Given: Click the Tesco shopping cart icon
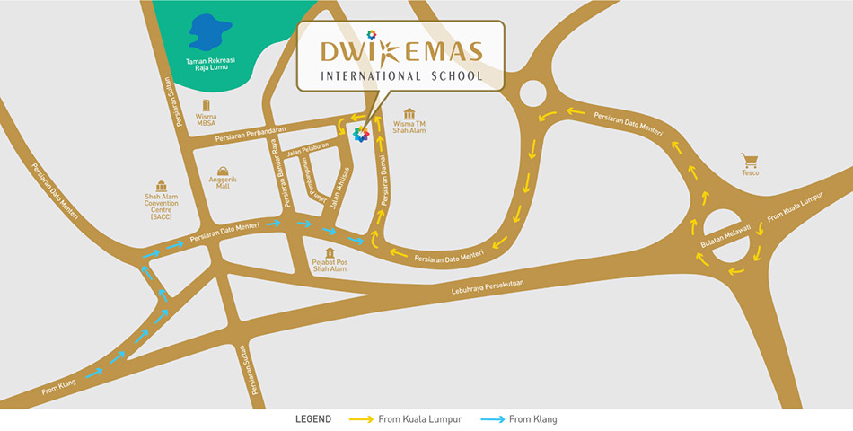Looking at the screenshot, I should click(750, 161).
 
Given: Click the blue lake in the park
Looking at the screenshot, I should click(206, 33).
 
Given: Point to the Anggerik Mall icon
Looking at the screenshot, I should click(223, 171).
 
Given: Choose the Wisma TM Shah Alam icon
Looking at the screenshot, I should click(409, 114).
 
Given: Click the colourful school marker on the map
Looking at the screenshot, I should click(361, 135).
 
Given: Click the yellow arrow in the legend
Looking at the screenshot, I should click(361, 419).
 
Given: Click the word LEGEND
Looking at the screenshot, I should click(313, 419).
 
